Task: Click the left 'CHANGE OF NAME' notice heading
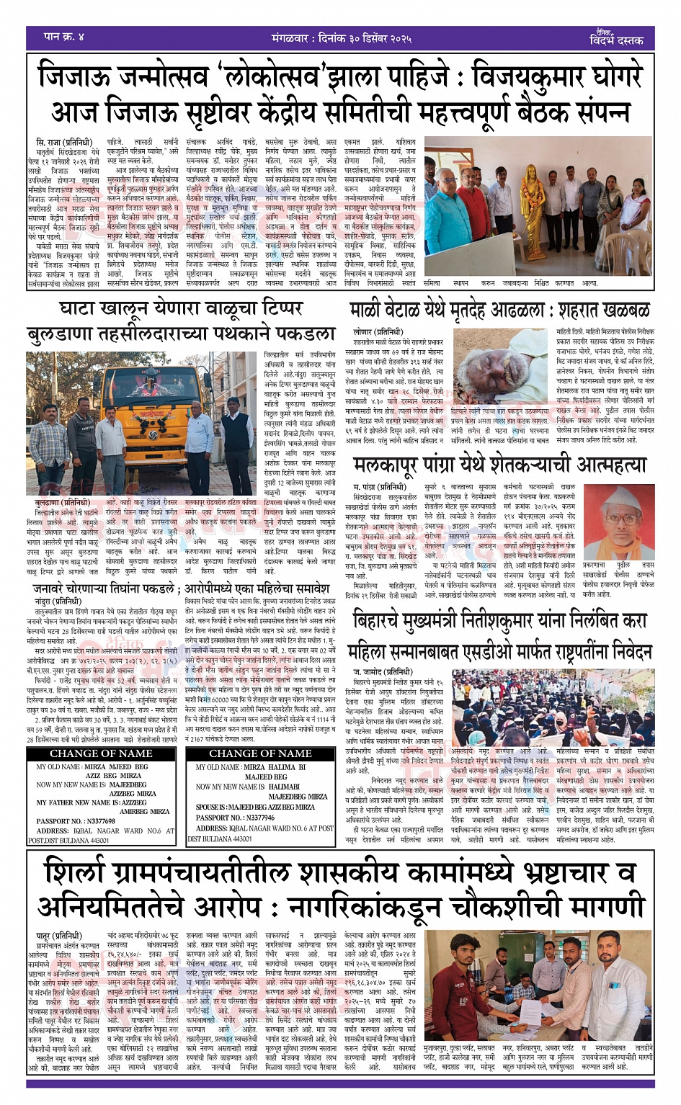[x=101, y=753]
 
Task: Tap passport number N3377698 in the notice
[x=76, y=820]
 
